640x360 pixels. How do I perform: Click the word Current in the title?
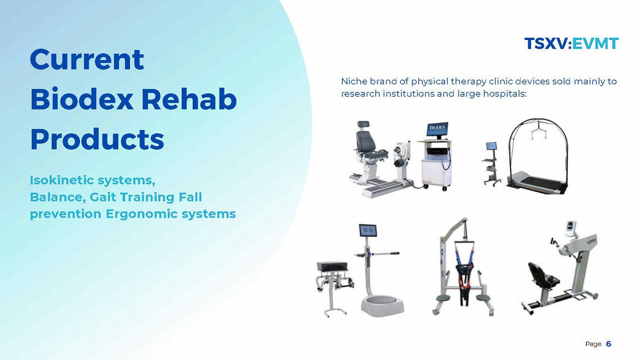[x=87, y=59]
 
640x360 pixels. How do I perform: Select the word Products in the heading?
[x=97, y=139]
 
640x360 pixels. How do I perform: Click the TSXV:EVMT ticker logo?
[x=572, y=43]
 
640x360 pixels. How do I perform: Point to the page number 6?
[x=608, y=344]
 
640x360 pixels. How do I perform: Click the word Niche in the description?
[x=354, y=81]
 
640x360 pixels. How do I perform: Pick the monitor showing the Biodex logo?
[x=438, y=129]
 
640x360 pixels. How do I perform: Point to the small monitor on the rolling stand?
[x=491, y=146]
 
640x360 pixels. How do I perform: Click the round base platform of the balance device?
[x=382, y=306]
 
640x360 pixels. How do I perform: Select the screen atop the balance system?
[x=368, y=231]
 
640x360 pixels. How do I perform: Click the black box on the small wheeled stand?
[x=333, y=266]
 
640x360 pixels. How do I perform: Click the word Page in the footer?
[x=593, y=344]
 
